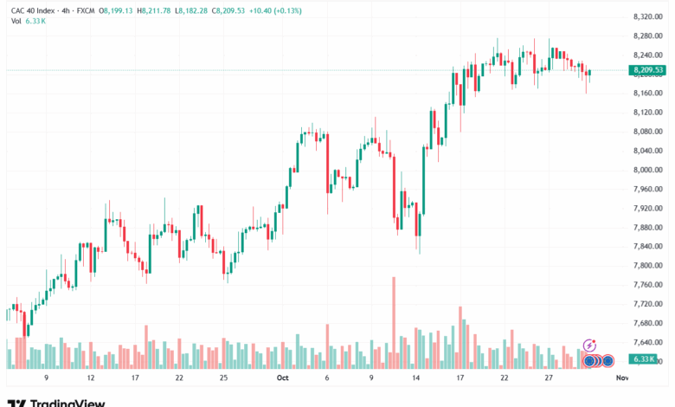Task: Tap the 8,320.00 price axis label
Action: pyautogui.click(x=647, y=17)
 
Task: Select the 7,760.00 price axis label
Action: pyautogui.click(x=647, y=285)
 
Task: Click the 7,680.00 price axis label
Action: pyautogui.click(x=647, y=323)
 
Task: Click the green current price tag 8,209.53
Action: pyautogui.click(x=647, y=70)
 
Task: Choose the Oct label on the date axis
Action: pyautogui.click(x=282, y=378)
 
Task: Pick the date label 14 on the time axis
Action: pyautogui.click(x=415, y=378)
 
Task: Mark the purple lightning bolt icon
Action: pyautogui.click(x=590, y=346)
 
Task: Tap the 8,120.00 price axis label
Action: pyautogui.click(x=647, y=113)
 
